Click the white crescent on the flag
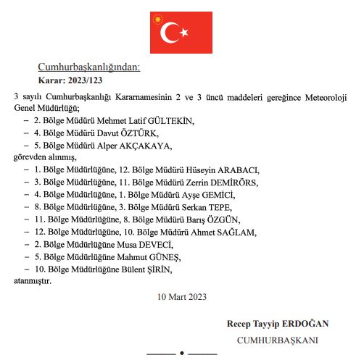click(x=171, y=33)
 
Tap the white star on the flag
click(x=184, y=33)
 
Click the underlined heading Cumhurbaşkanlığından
click(x=89, y=67)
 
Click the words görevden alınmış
click(x=45, y=158)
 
